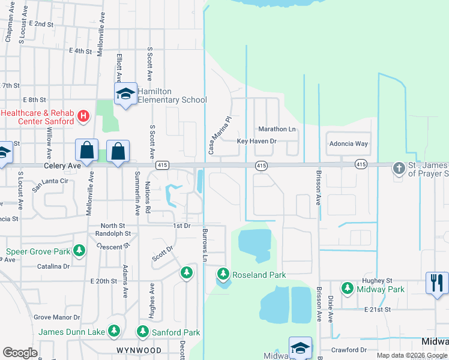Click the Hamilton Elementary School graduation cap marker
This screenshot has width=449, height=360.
coord(126,94)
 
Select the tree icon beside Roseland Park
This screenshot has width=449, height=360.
coord(223,274)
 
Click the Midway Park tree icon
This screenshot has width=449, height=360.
coord(347,289)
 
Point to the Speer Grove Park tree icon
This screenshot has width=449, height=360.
coord(79,251)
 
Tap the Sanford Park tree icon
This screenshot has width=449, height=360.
coord(143,331)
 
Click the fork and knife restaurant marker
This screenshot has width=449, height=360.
coord(437,281)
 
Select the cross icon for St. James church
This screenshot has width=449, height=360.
coord(399,169)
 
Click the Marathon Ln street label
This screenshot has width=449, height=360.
coord(277,129)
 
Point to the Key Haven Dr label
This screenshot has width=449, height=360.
coord(256,141)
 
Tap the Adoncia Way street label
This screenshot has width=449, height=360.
coord(348,144)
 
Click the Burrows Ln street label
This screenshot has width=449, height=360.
coord(205,245)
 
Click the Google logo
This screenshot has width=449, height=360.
coord(20,353)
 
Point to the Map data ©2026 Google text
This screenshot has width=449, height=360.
coord(411,355)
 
